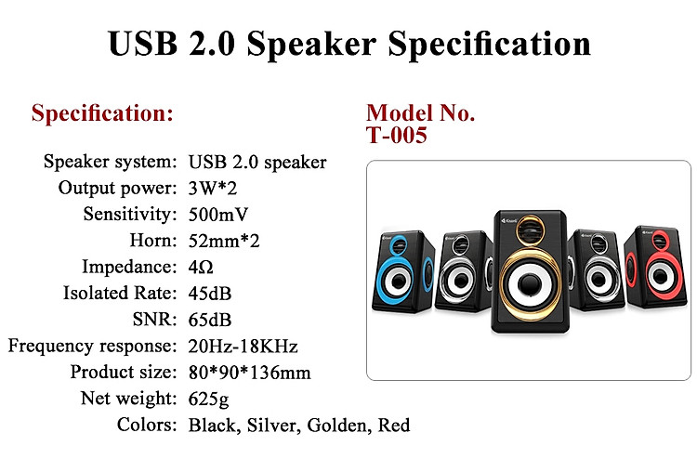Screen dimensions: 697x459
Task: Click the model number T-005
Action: [397, 135]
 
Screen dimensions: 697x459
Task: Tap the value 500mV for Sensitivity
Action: [217, 215]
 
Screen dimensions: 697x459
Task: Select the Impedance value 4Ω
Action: [201, 267]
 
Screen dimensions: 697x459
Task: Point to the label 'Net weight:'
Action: [128, 399]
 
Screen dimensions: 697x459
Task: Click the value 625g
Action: [208, 399]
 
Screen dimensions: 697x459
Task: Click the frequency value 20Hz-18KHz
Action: [243, 347]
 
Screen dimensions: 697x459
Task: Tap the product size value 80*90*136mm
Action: [249, 373]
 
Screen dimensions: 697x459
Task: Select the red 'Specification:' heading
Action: [102, 112]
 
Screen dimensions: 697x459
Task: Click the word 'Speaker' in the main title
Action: [311, 44]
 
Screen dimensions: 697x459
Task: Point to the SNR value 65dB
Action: [210, 320]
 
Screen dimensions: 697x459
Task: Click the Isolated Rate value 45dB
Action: [210, 294]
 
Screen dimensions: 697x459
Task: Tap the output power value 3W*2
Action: [213, 189]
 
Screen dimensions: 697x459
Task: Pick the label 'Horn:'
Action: [153, 241]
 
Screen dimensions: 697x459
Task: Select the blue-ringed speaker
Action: [403, 271]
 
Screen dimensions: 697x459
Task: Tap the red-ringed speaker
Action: [656, 268]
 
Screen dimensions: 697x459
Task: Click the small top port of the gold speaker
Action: [530, 230]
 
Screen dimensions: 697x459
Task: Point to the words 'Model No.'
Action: [420, 112]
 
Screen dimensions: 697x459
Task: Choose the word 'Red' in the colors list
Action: [394, 426]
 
